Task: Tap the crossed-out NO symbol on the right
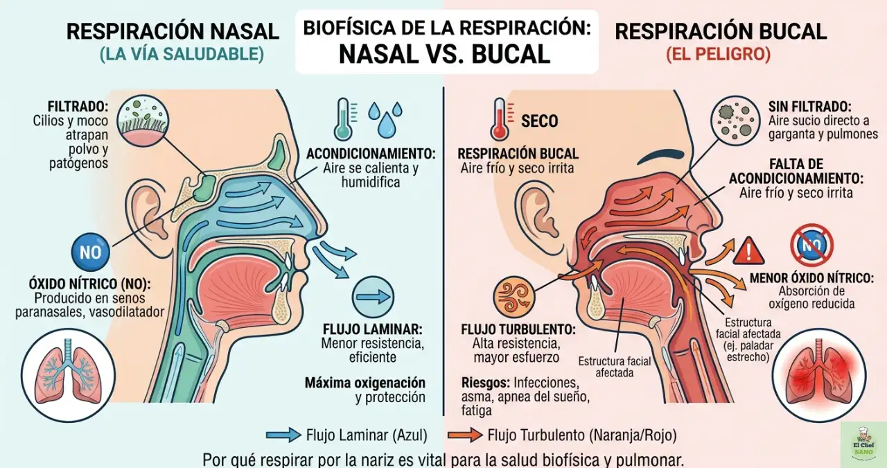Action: click(812, 245)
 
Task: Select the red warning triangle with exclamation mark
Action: click(750, 250)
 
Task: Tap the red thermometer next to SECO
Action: click(498, 119)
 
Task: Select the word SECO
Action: click(539, 121)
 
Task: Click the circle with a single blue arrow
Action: click(373, 297)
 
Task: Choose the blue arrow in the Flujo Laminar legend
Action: click(283, 435)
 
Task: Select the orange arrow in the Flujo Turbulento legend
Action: click(465, 435)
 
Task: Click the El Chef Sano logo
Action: click(863, 444)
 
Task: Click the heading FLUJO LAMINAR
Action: click(373, 329)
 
